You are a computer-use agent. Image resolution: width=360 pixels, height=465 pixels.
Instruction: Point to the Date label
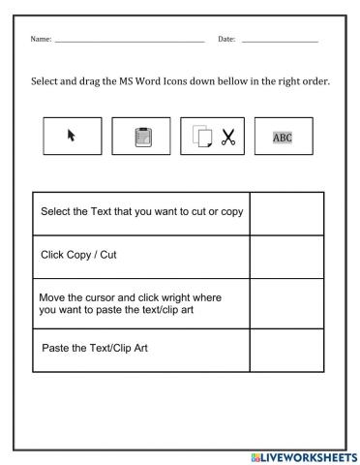(x=226, y=39)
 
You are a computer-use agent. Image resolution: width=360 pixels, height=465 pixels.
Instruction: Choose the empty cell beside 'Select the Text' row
(x=285, y=212)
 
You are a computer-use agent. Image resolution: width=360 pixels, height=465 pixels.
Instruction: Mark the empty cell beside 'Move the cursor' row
(x=285, y=302)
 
